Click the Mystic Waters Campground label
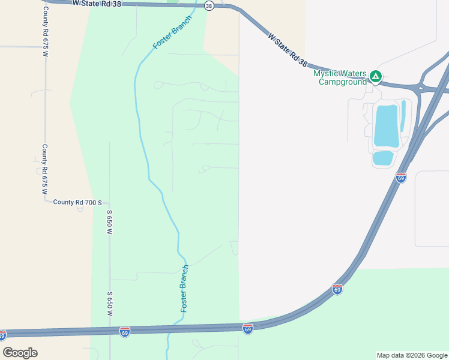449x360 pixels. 340,77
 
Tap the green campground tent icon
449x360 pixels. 375,76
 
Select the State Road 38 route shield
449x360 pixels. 208,5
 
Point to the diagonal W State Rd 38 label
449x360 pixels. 288,50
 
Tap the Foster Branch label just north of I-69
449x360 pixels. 185,288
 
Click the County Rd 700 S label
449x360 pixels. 77,203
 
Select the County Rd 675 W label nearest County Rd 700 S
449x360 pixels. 44,169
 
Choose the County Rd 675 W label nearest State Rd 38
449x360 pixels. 44,29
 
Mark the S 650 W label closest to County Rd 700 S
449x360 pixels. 110,222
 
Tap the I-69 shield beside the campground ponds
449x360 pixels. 401,178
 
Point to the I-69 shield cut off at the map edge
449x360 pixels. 2,335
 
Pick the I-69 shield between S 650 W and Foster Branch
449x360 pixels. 124,331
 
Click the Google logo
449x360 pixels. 20,352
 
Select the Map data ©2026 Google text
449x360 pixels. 412,355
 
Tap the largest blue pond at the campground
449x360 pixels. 386,125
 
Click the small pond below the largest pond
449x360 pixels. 383,158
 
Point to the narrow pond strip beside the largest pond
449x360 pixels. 403,115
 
